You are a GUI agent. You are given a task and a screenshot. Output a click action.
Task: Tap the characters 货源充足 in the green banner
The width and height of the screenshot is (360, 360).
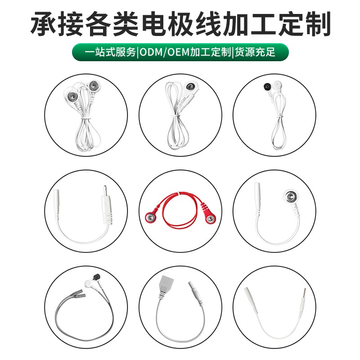[255, 52]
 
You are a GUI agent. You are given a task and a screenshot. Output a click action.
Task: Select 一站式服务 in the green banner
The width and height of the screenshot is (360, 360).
[110, 52]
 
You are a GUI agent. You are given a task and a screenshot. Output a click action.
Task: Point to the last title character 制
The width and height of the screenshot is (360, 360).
[318, 24]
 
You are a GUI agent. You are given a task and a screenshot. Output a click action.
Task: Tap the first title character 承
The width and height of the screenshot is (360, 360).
[43, 24]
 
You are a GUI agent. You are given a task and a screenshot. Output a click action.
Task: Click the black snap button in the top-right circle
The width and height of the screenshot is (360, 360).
[267, 86]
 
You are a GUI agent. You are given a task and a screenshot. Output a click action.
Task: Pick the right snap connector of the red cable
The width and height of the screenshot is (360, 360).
[210, 219]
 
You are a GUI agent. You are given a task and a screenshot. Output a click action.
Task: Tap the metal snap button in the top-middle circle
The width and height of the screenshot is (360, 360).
[190, 86]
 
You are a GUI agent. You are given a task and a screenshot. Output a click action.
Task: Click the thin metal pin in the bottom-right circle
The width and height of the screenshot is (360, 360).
[305, 295]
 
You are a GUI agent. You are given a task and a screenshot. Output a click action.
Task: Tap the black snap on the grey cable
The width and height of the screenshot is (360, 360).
[95, 277]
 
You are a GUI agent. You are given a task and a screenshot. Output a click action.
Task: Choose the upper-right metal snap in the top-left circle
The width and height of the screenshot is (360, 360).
[93, 86]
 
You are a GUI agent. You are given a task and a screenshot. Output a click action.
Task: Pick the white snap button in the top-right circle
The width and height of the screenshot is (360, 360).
[277, 85]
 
